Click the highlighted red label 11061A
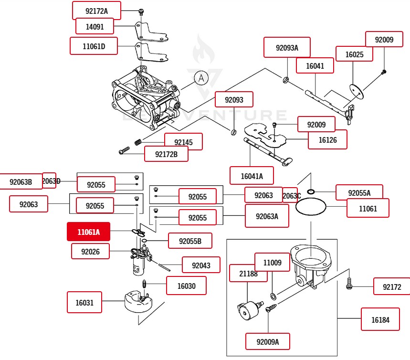point(88,233)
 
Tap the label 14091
point(95,27)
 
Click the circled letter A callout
point(201,78)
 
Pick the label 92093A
point(287,48)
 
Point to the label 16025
point(354,55)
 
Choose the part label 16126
point(327,139)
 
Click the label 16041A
point(251,176)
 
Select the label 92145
point(183,142)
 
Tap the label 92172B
point(166,154)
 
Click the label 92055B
point(190,241)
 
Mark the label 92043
point(201,265)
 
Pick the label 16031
point(84,302)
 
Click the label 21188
point(248,274)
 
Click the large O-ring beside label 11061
point(311,208)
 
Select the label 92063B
point(21,181)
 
